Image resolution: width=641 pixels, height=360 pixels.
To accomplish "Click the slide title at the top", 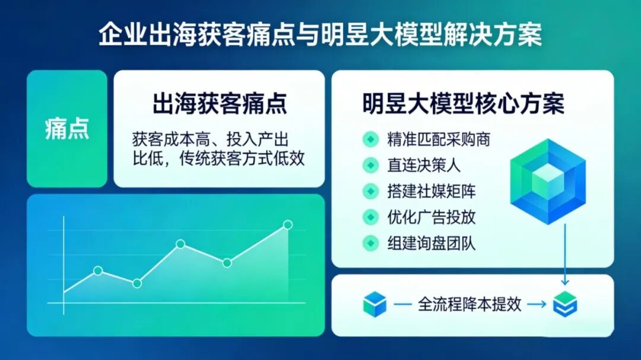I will pyautogui.click(x=320, y=35).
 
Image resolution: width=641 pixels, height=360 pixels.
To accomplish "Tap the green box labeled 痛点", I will pyautogui.click(x=67, y=129).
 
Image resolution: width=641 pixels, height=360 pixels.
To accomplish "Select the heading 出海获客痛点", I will pyautogui.click(x=219, y=104).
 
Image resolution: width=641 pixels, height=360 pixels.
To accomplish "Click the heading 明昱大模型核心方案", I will pyautogui.click(x=463, y=104).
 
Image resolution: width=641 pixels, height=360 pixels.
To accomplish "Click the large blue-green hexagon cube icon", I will pyautogui.click(x=547, y=181).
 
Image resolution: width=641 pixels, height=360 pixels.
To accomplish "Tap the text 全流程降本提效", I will pyautogui.click(x=469, y=305).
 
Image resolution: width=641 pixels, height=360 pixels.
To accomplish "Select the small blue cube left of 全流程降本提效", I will pyautogui.click(x=375, y=305).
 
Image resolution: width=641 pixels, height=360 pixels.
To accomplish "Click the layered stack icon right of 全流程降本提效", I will pyautogui.click(x=564, y=305).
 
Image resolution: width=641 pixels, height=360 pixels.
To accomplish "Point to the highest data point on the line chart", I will pyautogui.click(x=288, y=225).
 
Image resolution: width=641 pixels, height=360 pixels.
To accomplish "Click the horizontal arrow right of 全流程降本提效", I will pyautogui.click(x=537, y=305).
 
